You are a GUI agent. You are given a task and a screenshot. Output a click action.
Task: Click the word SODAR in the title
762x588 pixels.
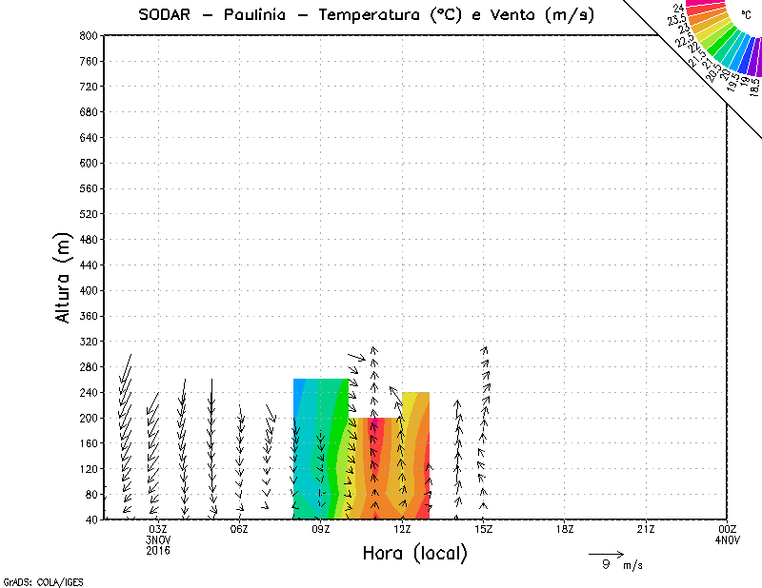pos(166,15)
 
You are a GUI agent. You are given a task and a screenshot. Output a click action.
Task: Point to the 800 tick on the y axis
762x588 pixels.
pos(88,35)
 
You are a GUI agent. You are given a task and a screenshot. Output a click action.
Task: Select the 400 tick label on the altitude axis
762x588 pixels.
pos(88,290)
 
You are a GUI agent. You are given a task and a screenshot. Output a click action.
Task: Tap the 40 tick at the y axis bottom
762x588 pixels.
pos(90,519)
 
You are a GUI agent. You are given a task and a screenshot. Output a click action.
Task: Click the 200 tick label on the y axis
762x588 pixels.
pos(88,418)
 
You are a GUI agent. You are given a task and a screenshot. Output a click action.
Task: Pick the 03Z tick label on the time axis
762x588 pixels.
pos(158,529)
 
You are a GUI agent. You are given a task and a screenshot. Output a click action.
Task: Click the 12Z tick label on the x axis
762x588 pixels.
pos(402,529)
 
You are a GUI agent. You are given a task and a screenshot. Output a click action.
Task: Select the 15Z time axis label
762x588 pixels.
pos(484,529)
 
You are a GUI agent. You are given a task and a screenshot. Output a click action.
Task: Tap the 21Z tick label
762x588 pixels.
pos(646,529)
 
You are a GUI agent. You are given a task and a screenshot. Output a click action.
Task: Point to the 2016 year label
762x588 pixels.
pos(158,550)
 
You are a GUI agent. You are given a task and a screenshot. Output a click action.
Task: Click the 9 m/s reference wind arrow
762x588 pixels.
pos(606,554)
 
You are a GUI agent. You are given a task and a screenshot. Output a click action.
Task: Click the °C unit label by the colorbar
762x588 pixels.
pos(746,16)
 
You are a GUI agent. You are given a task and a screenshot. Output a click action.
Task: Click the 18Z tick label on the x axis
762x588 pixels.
pos(565,529)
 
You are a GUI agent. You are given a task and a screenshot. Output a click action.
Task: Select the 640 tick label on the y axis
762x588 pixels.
pos(88,137)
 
